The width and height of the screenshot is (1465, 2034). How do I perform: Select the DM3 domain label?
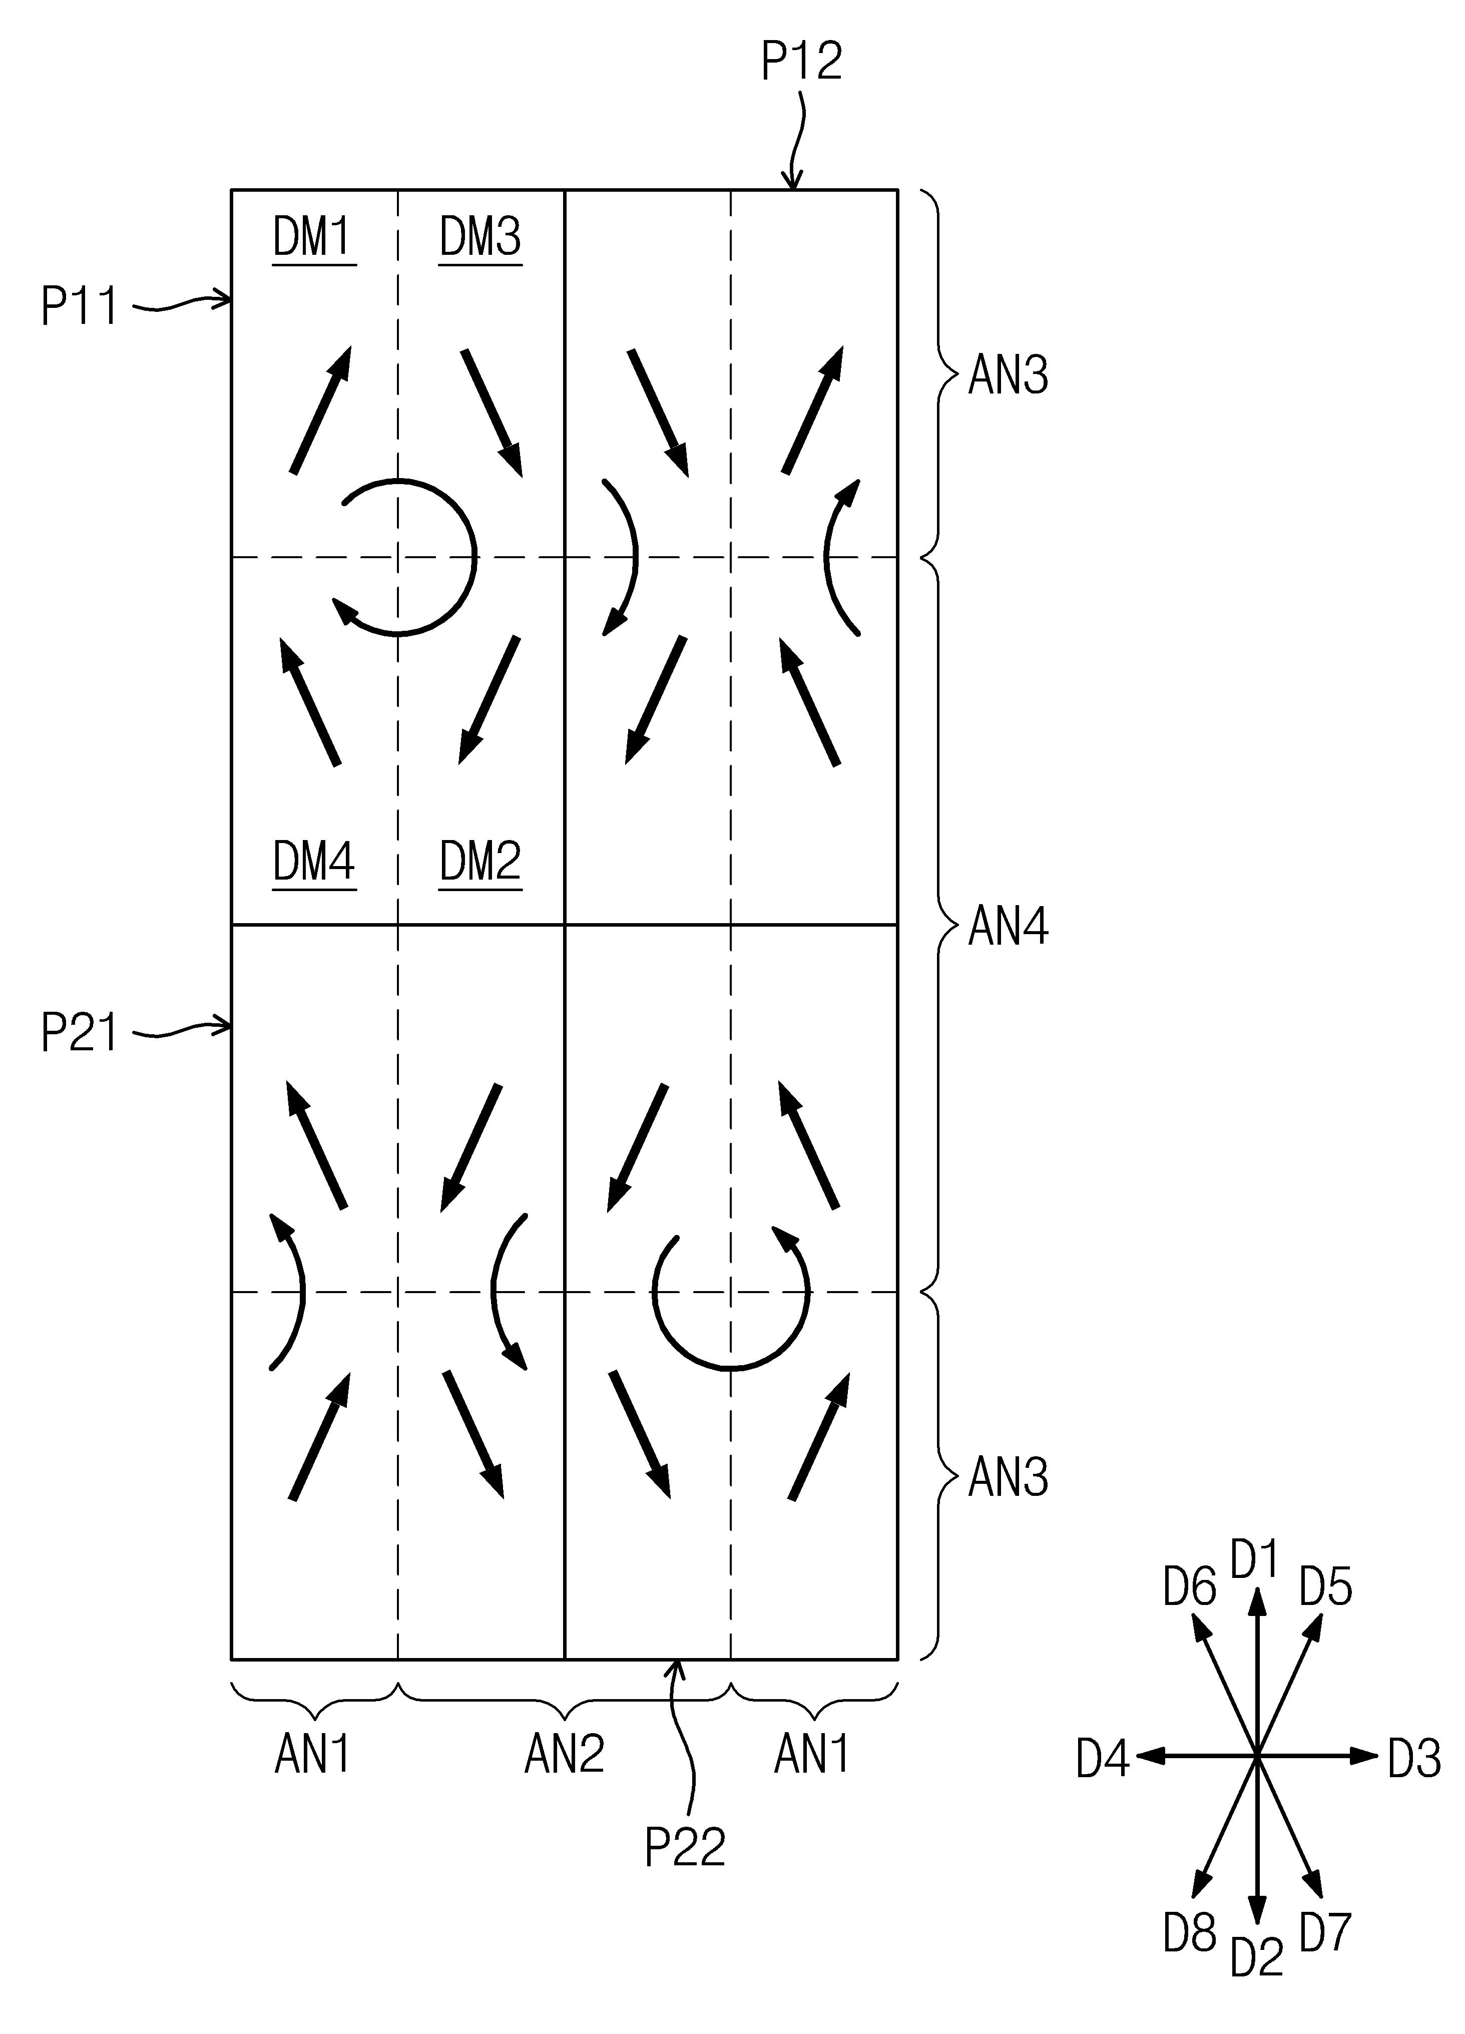(x=480, y=238)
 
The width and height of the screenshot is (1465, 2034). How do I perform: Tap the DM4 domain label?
(x=314, y=862)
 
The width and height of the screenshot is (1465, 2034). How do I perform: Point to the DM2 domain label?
(x=480, y=862)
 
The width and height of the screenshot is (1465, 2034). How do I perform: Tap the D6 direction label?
(x=1190, y=1587)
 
